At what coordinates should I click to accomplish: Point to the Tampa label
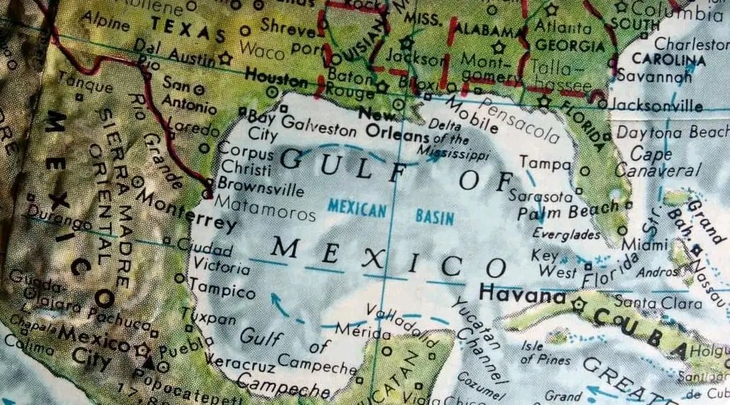545,163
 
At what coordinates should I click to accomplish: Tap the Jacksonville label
657,106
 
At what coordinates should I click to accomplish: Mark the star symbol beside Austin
225,59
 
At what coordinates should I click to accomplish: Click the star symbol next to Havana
580,305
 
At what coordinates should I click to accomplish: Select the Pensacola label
520,119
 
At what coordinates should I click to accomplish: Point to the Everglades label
566,234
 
